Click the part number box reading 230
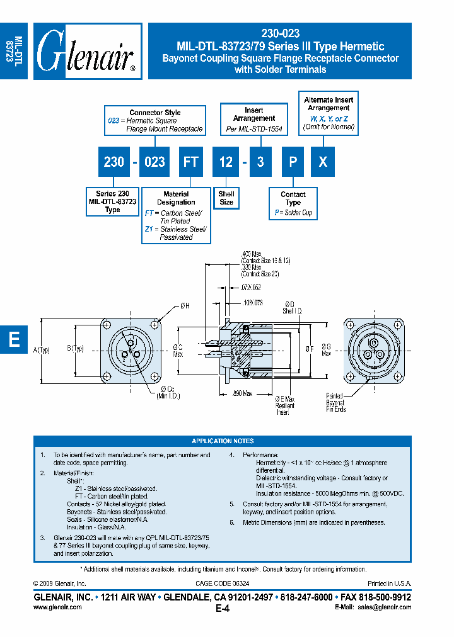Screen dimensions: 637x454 pyautogui.click(x=113, y=162)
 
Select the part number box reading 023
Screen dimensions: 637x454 pyautogui.click(x=154, y=162)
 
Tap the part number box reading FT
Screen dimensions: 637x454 pyautogui.click(x=190, y=162)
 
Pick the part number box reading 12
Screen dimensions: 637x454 pyautogui.click(x=226, y=162)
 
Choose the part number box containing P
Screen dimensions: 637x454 pyautogui.click(x=293, y=162)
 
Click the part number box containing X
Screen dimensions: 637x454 pyautogui.click(x=323, y=162)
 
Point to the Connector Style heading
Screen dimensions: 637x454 pyautogui.click(x=155, y=112)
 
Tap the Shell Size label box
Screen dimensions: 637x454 pyautogui.click(x=226, y=198)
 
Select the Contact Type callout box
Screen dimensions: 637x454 pyautogui.click(x=293, y=203)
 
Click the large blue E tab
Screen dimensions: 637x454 pyautogui.click(x=14, y=340)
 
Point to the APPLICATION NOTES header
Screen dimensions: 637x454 pyautogui.click(x=223, y=441)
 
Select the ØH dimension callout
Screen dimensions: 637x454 pyautogui.click(x=185, y=306)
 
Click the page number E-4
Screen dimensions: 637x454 pyautogui.click(x=223, y=609)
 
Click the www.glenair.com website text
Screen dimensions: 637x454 pyautogui.click(x=57, y=607)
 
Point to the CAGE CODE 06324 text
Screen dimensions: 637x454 pyautogui.click(x=223, y=584)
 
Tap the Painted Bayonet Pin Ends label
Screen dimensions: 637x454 pyautogui.click(x=335, y=402)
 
